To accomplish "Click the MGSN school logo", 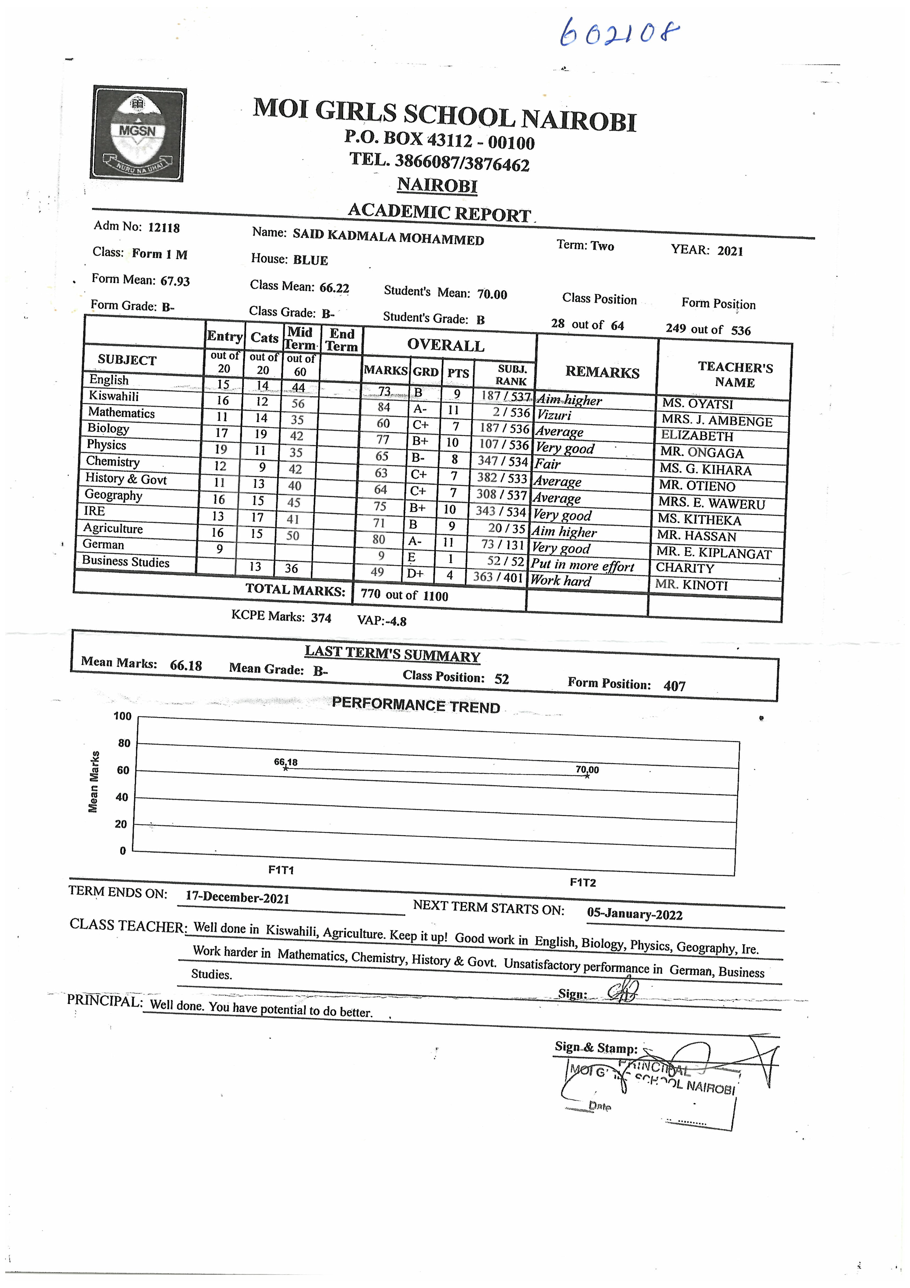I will (138, 134).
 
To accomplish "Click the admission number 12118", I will (164, 228).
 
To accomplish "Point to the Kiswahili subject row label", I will (114, 396).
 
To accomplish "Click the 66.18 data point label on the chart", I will (285, 762).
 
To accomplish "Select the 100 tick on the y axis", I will (122, 716).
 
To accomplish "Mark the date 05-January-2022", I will (635, 914).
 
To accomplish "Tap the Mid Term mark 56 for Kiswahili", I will (298, 403).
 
